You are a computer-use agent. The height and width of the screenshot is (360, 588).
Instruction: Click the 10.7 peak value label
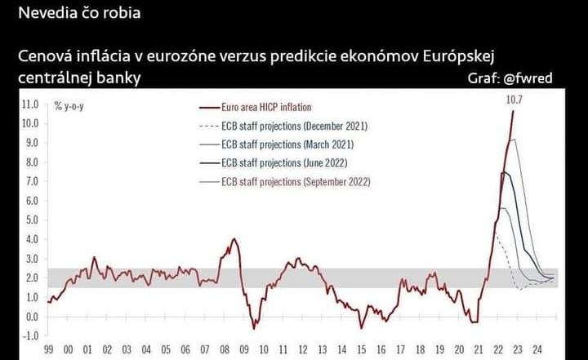pos(514,100)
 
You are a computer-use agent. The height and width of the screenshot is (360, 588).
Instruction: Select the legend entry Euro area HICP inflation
pos(266,107)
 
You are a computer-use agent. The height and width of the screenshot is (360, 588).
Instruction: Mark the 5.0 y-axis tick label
pos(31,220)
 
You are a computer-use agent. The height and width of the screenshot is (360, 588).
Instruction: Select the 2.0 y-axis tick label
pos(31,278)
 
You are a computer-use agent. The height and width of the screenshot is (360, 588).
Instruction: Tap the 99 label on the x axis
pos(49,350)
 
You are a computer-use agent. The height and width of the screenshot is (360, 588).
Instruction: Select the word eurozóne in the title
pos(186,57)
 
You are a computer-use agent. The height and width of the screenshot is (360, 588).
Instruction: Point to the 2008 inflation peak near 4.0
pos(234,240)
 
